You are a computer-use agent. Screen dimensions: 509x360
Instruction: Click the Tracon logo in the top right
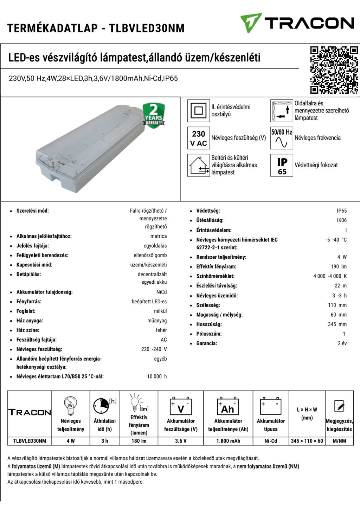297,23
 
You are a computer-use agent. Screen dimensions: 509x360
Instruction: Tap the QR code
334,70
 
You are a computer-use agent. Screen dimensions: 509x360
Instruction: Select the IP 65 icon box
282,165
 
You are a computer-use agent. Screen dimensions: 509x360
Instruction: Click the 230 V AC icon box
199,138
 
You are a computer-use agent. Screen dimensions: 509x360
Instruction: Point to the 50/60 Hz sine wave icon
282,138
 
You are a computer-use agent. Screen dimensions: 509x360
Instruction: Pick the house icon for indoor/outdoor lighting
199,165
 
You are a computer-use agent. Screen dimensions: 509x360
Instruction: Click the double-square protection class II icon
199,111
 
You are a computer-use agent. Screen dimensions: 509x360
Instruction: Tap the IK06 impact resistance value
342,220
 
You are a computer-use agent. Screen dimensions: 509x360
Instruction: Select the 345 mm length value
337,324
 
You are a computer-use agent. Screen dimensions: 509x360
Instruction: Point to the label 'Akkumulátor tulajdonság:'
44,292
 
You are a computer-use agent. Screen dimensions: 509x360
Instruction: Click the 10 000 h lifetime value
157,376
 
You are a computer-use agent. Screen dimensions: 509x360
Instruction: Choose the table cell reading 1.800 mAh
228,441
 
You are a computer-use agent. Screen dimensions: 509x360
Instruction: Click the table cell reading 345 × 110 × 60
307,441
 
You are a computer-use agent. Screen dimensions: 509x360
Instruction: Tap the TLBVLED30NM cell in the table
30,441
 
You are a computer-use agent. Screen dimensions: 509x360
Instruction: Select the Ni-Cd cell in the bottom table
271,441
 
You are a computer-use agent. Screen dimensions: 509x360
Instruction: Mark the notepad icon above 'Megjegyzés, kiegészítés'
339,406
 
